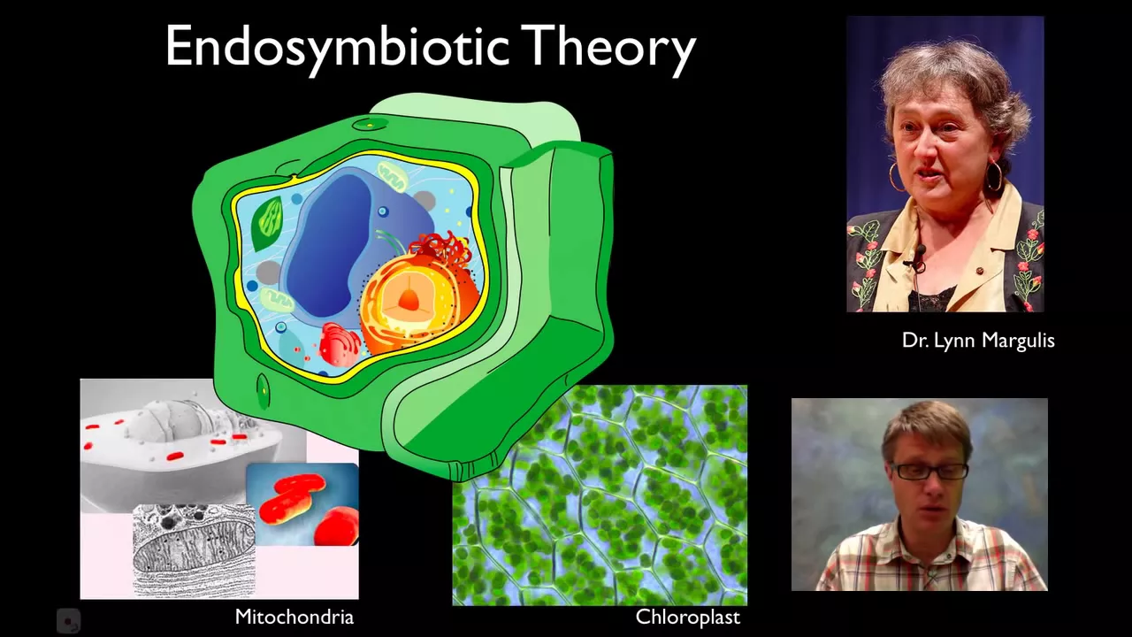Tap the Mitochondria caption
pos(294,617)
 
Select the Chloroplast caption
pos(687,618)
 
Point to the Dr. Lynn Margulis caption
pos(978,341)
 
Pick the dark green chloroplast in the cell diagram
pos(268,222)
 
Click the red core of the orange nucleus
pos(409,300)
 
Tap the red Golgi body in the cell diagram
pos(340,344)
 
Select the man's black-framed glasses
pos(929,472)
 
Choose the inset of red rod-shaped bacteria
pos(302,504)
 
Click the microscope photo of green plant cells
pos(600,495)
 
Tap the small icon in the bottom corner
pos(68,621)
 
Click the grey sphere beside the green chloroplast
pos(268,272)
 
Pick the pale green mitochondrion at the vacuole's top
pos(393,176)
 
